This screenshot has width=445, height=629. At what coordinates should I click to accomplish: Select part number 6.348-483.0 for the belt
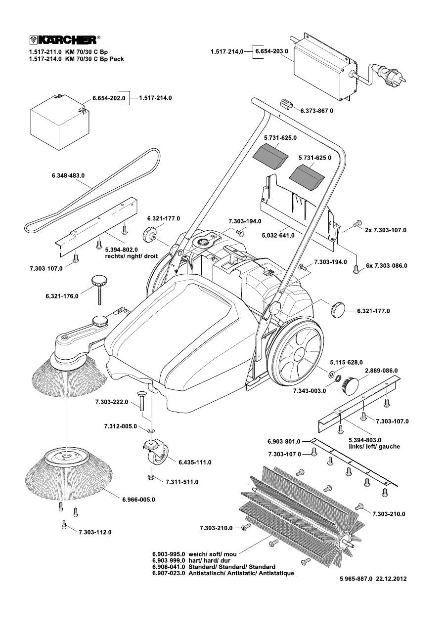68,175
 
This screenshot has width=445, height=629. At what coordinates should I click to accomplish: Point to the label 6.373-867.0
316,111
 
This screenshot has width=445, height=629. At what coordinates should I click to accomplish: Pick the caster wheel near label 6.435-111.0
157,453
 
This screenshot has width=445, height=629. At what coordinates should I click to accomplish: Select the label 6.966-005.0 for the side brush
139,500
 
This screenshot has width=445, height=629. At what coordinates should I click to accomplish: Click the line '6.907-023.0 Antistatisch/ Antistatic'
222,573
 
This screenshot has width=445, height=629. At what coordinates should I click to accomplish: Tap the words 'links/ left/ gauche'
374,446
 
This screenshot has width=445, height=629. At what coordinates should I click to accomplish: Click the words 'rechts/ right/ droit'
131,257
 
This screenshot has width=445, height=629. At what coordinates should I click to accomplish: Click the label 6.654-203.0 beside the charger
271,51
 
